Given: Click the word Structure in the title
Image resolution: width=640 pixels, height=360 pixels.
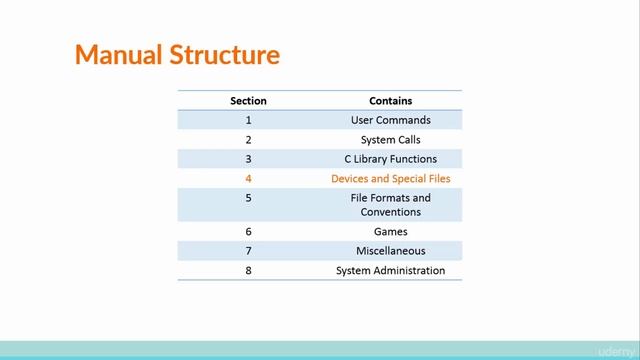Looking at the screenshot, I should (x=222, y=54).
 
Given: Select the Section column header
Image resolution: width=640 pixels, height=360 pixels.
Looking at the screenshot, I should (x=248, y=101).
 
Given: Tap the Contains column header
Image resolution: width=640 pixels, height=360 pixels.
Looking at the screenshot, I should (x=390, y=101).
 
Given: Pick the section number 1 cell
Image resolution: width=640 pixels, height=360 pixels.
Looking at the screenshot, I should (x=248, y=120).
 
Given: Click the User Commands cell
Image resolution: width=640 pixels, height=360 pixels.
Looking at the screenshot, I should (x=390, y=120).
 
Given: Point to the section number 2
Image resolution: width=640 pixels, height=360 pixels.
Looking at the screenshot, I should (x=248, y=140).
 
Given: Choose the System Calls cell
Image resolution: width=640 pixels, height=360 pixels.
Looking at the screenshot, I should (x=390, y=140).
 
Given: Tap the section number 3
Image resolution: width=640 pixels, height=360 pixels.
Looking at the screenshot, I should (x=248, y=159).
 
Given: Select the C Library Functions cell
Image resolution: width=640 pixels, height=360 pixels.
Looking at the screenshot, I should (x=390, y=159).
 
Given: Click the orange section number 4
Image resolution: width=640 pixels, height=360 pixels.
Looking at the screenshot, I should (x=248, y=179).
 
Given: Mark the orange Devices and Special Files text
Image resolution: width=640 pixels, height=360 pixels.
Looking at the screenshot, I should (x=390, y=179).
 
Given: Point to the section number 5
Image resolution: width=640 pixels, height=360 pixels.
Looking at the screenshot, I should (x=248, y=198).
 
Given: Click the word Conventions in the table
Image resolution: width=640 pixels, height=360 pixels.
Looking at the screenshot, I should (x=390, y=212).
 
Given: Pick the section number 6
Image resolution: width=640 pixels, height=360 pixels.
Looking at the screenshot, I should (x=248, y=231).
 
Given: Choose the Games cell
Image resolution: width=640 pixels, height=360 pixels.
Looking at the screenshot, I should (x=390, y=231).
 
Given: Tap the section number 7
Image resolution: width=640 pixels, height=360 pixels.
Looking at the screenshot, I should (x=248, y=251).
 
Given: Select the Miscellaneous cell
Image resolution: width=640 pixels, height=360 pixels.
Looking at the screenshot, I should (x=390, y=251).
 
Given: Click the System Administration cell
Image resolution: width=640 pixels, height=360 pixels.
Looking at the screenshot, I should (x=390, y=270).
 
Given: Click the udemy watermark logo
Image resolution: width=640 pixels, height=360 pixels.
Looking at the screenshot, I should (x=616, y=351).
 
